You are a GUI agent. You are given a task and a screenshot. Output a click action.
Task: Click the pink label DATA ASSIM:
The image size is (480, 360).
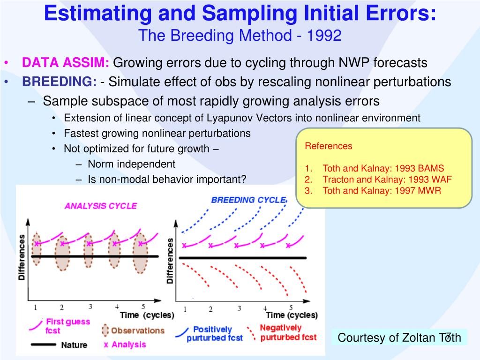click(66, 62)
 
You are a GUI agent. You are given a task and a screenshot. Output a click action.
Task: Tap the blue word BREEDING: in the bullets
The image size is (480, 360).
click(60, 82)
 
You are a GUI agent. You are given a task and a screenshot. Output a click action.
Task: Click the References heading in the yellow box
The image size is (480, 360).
click(329, 146)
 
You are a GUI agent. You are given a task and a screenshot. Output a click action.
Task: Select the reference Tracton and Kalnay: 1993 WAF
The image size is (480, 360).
click(387, 180)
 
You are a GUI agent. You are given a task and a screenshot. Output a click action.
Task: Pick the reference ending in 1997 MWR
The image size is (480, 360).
click(382, 191)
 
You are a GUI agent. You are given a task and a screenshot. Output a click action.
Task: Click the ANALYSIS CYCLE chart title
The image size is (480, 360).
click(101, 206)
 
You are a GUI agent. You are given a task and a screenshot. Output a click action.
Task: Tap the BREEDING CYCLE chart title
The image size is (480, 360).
click(248, 200)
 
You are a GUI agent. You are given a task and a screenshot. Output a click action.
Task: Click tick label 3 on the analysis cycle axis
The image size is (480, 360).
click(90, 307)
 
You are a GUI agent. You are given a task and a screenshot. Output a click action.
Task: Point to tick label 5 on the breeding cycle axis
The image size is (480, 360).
click(291, 308)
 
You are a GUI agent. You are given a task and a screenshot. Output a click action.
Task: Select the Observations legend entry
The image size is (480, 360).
click(137, 330)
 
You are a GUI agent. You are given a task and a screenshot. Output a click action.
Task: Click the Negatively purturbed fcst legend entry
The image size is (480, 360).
click(287, 332)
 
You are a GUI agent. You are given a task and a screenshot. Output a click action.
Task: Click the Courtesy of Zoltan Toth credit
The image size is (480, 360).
click(399, 337)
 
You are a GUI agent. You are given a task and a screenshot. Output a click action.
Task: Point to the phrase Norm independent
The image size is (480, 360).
click(131, 164)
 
